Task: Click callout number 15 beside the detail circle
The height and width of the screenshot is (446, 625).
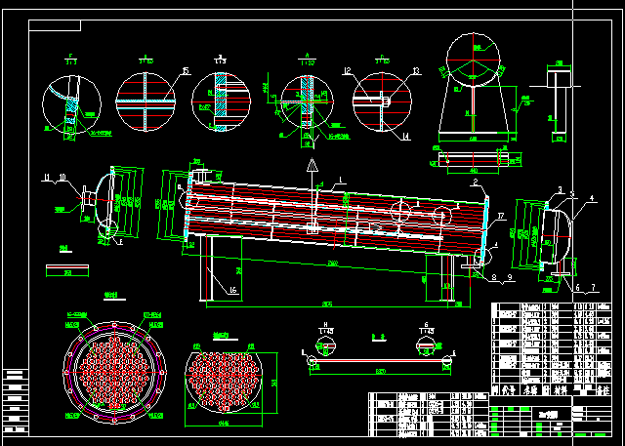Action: (x=186, y=70)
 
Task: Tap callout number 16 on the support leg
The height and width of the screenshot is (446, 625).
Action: (x=233, y=290)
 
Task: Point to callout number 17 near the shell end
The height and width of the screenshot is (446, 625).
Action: (x=500, y=216)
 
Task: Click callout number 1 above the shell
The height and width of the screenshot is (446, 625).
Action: (x=342, y=179)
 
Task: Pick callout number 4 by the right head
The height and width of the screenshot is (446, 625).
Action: (x=591, y=199)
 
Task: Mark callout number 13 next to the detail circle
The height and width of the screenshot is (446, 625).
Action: (x=415, y=70)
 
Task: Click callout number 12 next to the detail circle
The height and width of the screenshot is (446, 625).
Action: (x=348, y=70)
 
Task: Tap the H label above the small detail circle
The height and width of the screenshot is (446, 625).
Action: (x=325, y=322)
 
